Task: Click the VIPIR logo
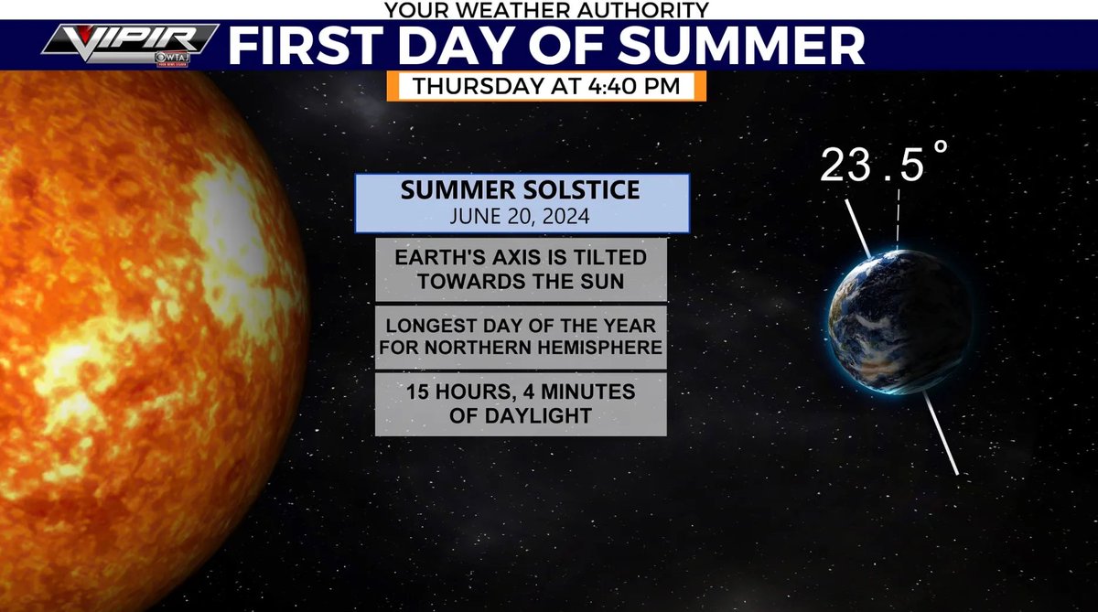pos(128,42)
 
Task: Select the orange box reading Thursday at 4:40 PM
pos(545,86)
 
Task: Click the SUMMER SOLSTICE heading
pos(521,192)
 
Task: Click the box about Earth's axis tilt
pos(521,270)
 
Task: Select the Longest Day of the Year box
pos(521,336)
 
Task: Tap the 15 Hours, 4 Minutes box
pos(521,403)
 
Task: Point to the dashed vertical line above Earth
pos(899,220)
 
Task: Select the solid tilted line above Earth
pos(858,228)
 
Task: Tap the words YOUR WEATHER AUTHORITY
pos(546,10)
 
